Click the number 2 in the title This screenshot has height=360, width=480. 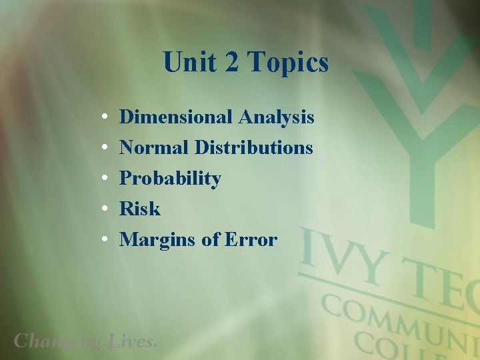pos(231,63)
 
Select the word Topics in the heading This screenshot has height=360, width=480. pos(288,63)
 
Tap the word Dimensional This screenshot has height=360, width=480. pos(176,117)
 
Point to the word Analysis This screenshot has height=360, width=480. pos(276,117)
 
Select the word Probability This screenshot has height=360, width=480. pos(170,179)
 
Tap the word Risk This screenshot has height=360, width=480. pos(140,209)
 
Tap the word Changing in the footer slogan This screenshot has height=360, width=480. pos(57,341)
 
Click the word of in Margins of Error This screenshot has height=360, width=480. pos(210,239)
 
